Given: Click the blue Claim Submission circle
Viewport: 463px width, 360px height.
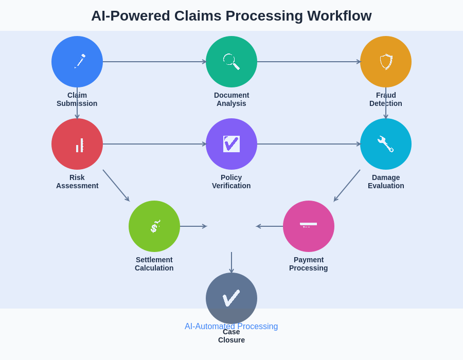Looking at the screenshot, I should click(77, 62).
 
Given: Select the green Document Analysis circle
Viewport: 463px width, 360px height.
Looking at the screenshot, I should click(232, 62).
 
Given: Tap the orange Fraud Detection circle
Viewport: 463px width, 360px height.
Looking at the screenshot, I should click(386, 62).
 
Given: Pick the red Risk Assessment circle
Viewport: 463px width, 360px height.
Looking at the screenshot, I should click(77, 144).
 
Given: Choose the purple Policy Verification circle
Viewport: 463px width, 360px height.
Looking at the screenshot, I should click(232, 144).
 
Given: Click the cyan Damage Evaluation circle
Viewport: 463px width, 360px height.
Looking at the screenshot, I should click(386, 144).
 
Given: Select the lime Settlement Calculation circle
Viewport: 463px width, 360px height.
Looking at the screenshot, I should click(154, 226).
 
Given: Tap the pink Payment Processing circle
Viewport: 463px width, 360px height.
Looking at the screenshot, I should click(309, 226).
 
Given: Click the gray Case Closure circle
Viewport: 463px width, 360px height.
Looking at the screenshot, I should click(232, 298).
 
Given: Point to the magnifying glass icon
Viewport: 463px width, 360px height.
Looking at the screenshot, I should click(231, 61).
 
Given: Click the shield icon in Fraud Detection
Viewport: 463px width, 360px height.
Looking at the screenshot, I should click(386, 62).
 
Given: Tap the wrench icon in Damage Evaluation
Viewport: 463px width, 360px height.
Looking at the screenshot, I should click(385, 144).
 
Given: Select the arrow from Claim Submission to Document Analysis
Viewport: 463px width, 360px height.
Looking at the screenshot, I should click(154, 62).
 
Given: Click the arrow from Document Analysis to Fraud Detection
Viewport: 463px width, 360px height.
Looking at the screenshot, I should click(309, 62).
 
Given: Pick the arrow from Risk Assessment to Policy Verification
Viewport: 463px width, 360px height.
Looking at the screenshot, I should click(154, 144).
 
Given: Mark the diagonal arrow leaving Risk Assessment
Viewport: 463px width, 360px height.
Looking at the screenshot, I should click(116, 185).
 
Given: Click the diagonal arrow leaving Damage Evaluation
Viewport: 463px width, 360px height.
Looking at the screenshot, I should click(347, 185).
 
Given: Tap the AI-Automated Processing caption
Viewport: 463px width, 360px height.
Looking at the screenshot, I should click(231, 326).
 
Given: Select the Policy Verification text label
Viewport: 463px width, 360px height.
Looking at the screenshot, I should click(232, 182).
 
